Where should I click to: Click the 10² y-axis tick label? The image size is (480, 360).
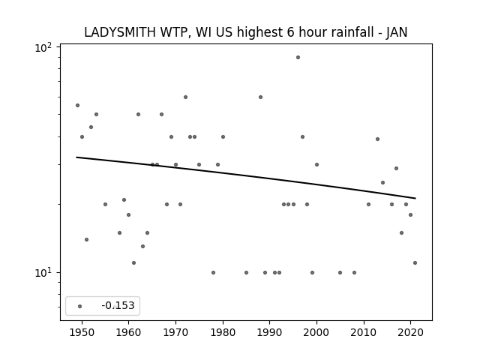tap(43, 47)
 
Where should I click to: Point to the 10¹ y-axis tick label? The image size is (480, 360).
tap(43, 272)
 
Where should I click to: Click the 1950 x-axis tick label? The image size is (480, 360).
tap(82, 332)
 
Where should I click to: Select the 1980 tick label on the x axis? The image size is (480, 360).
tap(223, 332)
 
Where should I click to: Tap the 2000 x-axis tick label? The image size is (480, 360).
tap(316, 332)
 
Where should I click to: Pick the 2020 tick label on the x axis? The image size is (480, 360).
tap(410, 332)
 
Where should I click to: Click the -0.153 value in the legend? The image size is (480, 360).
tap(118, 305)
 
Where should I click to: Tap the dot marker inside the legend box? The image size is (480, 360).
tap(79, 306)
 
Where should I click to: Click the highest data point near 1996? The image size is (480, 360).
tap(298, 57)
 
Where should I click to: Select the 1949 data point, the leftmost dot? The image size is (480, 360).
tap(77, 105)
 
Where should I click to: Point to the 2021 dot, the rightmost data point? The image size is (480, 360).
tap(415, 262)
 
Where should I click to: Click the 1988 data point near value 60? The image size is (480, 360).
tap(260, 97)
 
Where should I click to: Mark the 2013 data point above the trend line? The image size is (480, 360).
tap(377, 139)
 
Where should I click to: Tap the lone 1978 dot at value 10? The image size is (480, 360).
tap(213, 272)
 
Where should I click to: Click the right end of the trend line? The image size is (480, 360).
tap(415, 198)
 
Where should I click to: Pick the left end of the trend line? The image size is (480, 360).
tap(76, 157)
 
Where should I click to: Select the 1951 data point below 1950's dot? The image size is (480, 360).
tap(87, 239)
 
